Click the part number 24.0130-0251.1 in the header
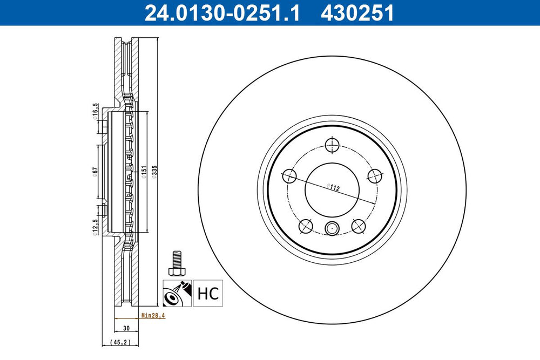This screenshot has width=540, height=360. tap(222, 13)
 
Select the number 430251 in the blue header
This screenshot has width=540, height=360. tap(357, 13)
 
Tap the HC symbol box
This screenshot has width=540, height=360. tap(208, 293)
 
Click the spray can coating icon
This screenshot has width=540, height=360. tap(177, 293)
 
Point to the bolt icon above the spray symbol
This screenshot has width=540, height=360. tap(176, 263)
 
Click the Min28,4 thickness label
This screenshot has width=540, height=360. tap(153, 315)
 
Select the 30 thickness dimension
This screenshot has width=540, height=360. tap(126, 328)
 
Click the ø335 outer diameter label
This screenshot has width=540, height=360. tap(154, 172)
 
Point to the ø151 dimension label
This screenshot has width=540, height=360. tap(144, 172)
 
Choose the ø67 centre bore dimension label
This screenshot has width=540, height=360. tap(95, 172)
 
